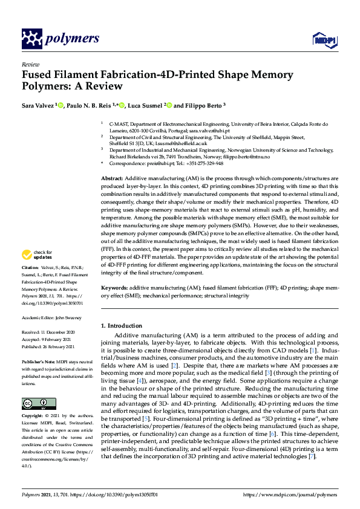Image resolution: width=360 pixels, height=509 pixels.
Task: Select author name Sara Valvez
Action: tap(38, 105)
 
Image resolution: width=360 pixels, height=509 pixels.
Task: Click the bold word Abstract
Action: tap(111, 180)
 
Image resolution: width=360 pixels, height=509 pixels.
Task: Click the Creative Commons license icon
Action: tap(35, 403)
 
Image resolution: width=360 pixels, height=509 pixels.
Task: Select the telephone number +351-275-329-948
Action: tap(203, 163)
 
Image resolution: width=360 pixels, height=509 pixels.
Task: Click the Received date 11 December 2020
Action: tap(56, 332)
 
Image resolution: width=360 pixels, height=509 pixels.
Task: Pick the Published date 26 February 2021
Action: tap(57, 347)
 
